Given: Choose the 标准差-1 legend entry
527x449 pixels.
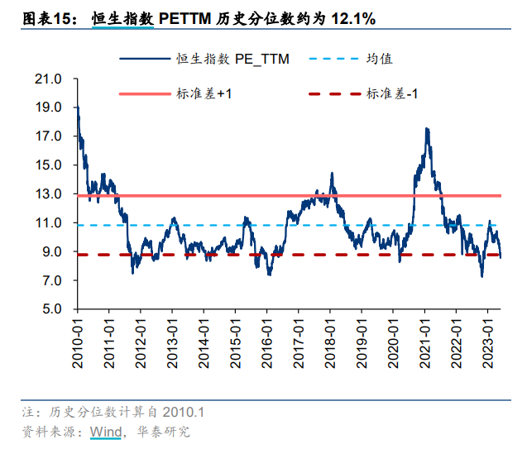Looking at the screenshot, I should tap(392, 93).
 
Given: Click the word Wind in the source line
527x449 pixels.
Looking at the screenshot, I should tap(105, 432).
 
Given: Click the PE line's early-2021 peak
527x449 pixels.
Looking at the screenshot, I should tap(427, 129).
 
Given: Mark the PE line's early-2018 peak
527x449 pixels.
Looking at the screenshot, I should tap(332, 174).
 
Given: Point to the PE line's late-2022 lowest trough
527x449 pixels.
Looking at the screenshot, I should tap(481, 276).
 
